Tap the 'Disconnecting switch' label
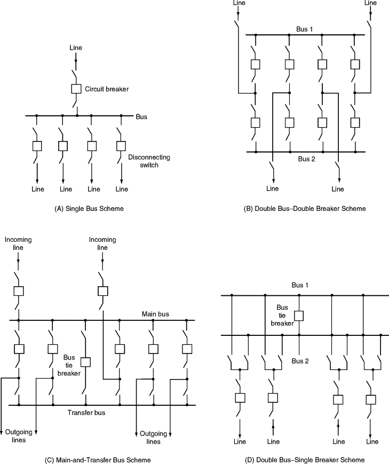pos(149,161)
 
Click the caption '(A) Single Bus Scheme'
pos(90,209)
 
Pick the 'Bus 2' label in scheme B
pos(307,159)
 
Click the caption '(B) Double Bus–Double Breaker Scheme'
pos(305,209)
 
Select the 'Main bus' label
pos(155,314)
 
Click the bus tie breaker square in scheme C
pos(85,361)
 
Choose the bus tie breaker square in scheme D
pos(299,315)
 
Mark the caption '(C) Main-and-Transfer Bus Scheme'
pos(98,460)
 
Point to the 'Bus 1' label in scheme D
pos(300,286)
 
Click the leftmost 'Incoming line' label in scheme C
pos(18,243)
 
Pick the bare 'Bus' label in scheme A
pos(141,116)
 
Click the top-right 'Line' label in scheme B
pos(370,3)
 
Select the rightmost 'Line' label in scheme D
pos(372,442)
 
